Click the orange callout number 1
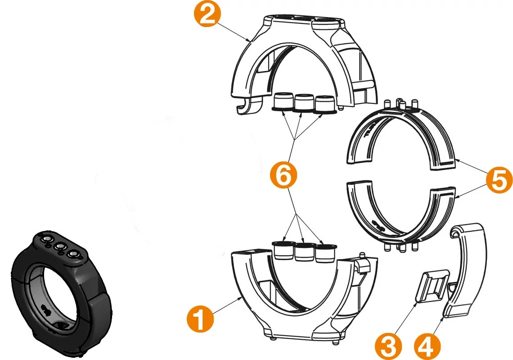[x=200, y=319]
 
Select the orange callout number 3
[x=389, y=346]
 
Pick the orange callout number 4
[x=427, y=346]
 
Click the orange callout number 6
[x=283, y=176]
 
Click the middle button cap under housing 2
[x=304, y=103]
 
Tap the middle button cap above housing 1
[x=304, y=252]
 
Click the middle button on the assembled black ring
[x=60, y=246]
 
